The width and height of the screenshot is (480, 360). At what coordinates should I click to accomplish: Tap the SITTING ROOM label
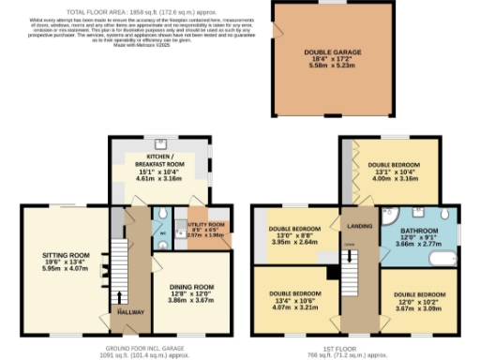pos(65,254)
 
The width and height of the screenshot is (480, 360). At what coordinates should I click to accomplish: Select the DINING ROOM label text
pos(191,286)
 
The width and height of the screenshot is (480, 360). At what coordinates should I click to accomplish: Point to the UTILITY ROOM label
pos(205,225)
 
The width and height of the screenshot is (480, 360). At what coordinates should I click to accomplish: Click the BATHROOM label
pos(419,230)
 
